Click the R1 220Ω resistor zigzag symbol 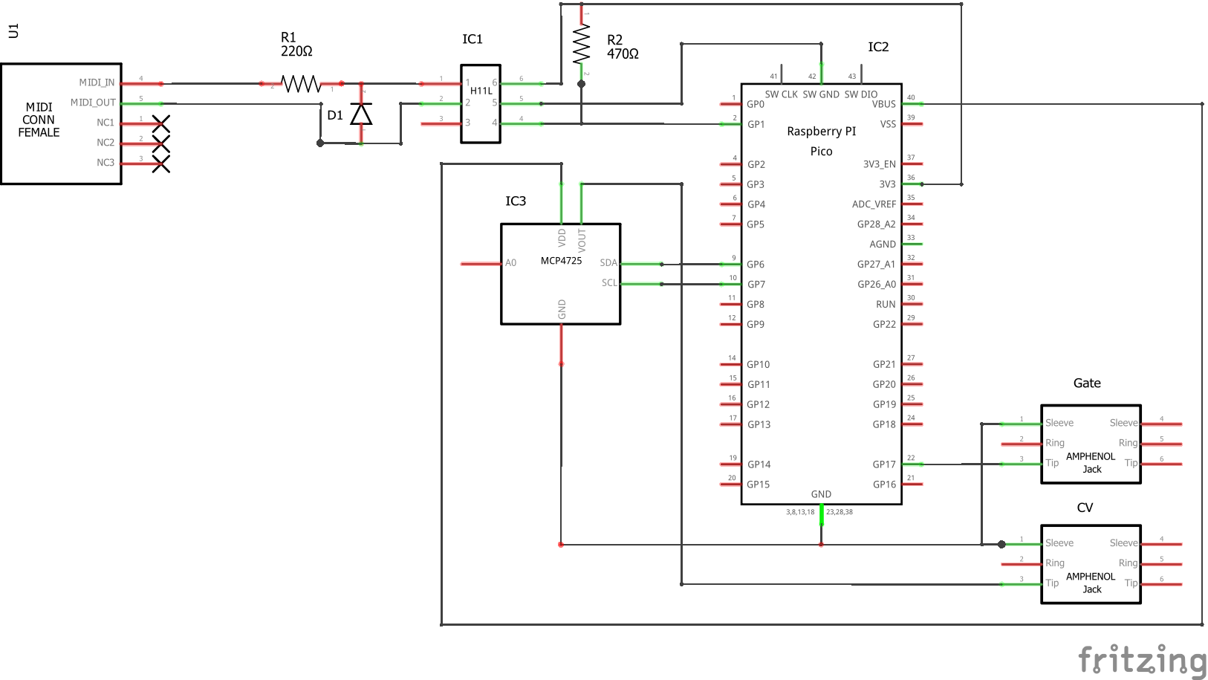point(301,84)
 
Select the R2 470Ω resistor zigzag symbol point(581,44)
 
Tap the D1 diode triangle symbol point(361,114)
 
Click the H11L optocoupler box point(481,103)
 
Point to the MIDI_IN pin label point(97,82)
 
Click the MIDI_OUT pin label point(93,103)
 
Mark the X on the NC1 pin point(161,123)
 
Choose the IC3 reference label point(516,201)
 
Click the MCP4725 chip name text point(561,261)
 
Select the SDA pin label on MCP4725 point(608,263)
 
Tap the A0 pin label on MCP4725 point(510,263)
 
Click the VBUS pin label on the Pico point(883,104)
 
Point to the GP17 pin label point(884,464)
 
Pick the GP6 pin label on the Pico point(756,265)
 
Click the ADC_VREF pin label point(874,204)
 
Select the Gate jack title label point(1087,383)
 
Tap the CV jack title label point(1085,508)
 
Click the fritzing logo point(1141,659)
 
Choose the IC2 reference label point(878,47)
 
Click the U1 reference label point(13,30)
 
